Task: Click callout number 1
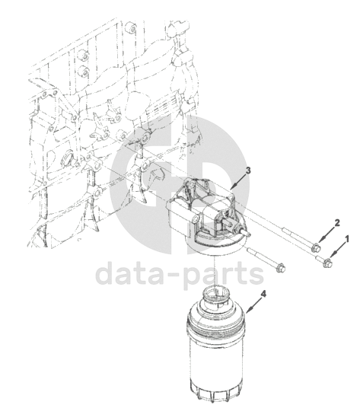346,239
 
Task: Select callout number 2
337,223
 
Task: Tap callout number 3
248,171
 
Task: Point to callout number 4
263,294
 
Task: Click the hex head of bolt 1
327,263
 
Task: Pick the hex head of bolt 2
316,247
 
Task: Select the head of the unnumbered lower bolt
281,268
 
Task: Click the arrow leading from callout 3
238,182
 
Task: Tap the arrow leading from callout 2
327,234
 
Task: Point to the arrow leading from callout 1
337,250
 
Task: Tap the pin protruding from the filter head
244,232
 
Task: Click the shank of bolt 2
297,237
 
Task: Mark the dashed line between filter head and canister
215,272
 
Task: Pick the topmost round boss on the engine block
131,27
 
